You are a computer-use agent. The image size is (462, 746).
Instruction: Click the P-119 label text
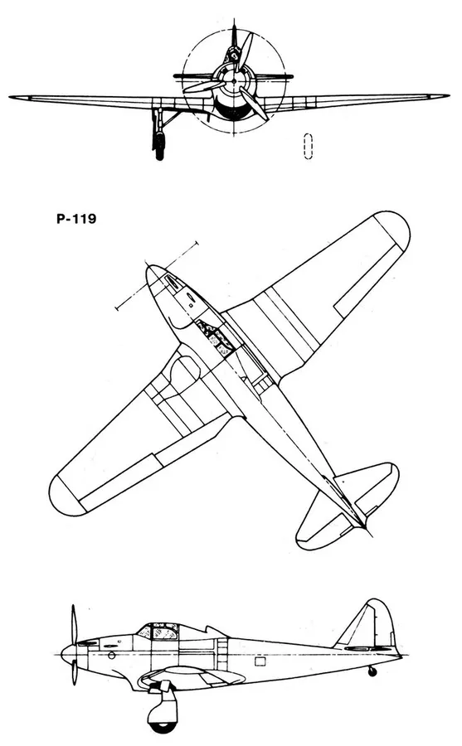click(x=76, y=219)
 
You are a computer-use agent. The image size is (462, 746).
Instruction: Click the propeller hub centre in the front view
click(x=234, y=81)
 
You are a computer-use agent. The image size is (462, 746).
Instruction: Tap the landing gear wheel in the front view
click(x=159, y=144)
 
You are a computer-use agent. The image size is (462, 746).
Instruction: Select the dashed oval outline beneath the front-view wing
click(x=309, y=146)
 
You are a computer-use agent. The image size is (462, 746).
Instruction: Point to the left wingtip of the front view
click(x=10, y=97)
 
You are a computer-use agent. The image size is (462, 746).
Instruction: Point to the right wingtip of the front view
click(x=448, y=96)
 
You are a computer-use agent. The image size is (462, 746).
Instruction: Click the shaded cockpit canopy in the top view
click(x=216, y=338)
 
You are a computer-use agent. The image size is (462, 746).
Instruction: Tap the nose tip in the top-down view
click(x=148, y=269)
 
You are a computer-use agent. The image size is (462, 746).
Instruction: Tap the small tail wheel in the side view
click(x=372, y=671)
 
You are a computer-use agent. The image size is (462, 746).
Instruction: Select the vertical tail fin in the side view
click(x=369, y=623)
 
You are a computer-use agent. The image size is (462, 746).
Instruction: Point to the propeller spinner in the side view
click(x=69, y=651)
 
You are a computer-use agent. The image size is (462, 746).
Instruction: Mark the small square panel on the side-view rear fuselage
click(x=260, y=661)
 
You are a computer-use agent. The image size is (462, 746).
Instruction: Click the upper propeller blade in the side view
click(x=74, y=624)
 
